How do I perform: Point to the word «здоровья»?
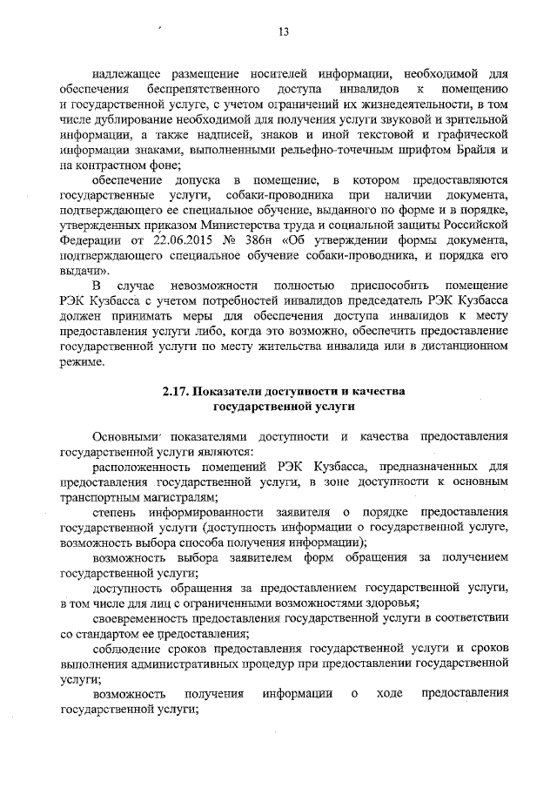390,603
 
